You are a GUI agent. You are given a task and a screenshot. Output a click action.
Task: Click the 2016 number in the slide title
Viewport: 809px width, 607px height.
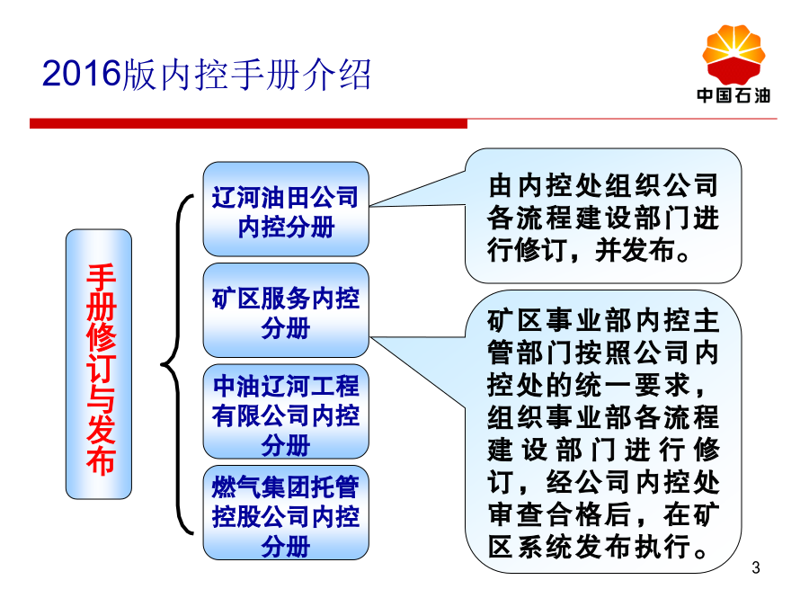(81, 73)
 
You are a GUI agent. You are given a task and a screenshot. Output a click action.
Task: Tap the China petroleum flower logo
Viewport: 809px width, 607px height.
(733, 54)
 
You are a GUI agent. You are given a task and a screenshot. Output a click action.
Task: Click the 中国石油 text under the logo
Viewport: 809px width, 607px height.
(733, 95)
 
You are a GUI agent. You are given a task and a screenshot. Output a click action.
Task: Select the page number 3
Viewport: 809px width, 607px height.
(756, 567)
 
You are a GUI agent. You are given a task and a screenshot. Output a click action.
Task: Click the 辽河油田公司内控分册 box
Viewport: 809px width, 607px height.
(286, 209)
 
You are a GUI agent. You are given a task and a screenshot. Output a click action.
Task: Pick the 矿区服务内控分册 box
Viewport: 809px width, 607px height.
(286, 310)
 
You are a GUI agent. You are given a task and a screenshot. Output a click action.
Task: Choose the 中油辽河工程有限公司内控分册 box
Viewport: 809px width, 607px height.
(286, 411)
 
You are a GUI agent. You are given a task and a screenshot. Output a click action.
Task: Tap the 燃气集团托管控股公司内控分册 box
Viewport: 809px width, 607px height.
(286, 513)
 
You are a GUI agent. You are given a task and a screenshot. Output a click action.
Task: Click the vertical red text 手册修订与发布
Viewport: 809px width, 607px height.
(100, 369)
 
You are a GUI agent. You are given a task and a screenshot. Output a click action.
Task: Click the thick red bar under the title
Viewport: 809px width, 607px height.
(248, 123)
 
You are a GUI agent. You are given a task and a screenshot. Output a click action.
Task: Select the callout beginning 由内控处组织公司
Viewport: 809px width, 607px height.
(602, 216)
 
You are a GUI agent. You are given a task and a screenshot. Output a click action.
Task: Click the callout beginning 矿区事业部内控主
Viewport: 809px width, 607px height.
(602, 432)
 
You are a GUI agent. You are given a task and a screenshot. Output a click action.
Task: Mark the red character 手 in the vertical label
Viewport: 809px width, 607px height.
(101, 278)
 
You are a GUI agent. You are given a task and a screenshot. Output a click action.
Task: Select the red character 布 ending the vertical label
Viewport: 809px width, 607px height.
(101, 460)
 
